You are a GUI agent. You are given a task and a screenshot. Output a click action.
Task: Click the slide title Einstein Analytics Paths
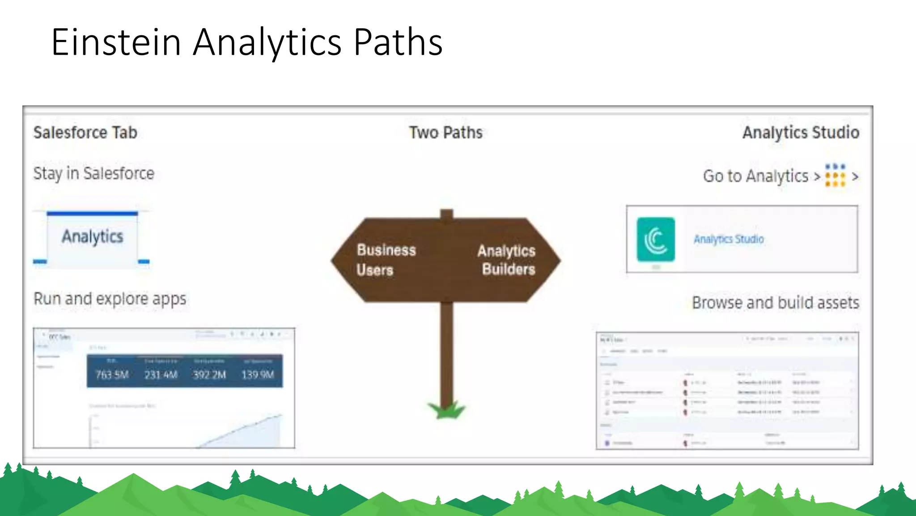tap(247, 42)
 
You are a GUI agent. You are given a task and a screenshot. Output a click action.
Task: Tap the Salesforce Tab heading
tap(85, 133)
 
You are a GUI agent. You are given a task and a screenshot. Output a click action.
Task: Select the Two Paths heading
tap(446, 133)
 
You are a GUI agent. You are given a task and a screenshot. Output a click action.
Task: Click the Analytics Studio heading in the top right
tap(801, 133)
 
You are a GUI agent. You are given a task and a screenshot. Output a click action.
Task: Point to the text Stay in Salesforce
tap(93, 173)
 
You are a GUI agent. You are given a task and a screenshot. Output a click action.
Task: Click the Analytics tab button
tap(92, 237)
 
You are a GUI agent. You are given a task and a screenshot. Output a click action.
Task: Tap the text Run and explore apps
tap(110, 299)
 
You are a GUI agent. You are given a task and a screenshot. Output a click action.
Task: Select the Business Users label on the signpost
tap(386, 260)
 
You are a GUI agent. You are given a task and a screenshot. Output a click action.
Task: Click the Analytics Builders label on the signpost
tap(507, 260)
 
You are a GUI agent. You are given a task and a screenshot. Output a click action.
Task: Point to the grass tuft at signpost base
tap(446, 410)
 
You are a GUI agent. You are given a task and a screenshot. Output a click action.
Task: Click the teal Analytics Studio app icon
tap(656, 239)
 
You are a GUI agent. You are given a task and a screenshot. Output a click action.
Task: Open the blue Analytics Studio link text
tap(729, 239)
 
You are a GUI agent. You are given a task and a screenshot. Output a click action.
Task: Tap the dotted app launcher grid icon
tap(835, 175)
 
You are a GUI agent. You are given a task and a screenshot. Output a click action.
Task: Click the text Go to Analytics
tap(755, 176)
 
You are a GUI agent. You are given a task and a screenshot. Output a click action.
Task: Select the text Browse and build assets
tap(776, 303)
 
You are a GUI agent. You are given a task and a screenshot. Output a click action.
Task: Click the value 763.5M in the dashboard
tap(112, 374)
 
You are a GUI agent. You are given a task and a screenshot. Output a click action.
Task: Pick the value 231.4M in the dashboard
tap(161, 374)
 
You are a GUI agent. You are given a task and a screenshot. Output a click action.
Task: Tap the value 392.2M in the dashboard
tap(209, 374)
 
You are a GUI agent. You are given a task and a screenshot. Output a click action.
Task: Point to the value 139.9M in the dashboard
tap(258, 374)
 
